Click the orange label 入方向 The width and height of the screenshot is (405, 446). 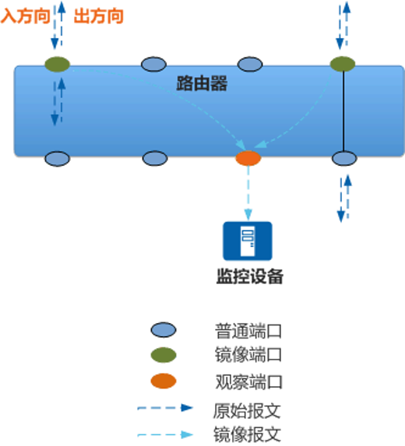point(26,16)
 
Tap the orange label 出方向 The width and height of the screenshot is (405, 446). point(98,16)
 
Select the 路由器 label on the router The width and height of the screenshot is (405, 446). point(202,83)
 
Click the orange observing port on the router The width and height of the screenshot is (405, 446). point(248,158)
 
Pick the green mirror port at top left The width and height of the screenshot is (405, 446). point(57,64)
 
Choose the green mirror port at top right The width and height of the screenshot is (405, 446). point(343,64)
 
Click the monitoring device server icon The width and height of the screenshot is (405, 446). point(248,241)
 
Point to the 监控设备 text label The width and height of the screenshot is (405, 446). point(250,276)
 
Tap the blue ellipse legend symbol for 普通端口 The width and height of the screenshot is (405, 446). point(164,330)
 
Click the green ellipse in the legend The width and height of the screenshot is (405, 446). point(164,355)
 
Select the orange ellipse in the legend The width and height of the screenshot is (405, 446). point(164,381)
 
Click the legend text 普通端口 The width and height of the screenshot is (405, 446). point(248,331)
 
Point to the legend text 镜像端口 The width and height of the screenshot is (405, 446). point(248,355)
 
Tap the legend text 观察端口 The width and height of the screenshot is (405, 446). point(248,381)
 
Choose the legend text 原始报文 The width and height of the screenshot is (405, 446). point(247,411)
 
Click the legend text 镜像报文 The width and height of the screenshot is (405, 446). point(247,434)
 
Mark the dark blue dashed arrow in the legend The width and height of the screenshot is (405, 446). point(165,408)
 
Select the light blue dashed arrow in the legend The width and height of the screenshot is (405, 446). point(165,434)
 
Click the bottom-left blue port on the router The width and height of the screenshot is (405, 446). point(57,159)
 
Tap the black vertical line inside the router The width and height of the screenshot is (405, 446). point(343,111)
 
